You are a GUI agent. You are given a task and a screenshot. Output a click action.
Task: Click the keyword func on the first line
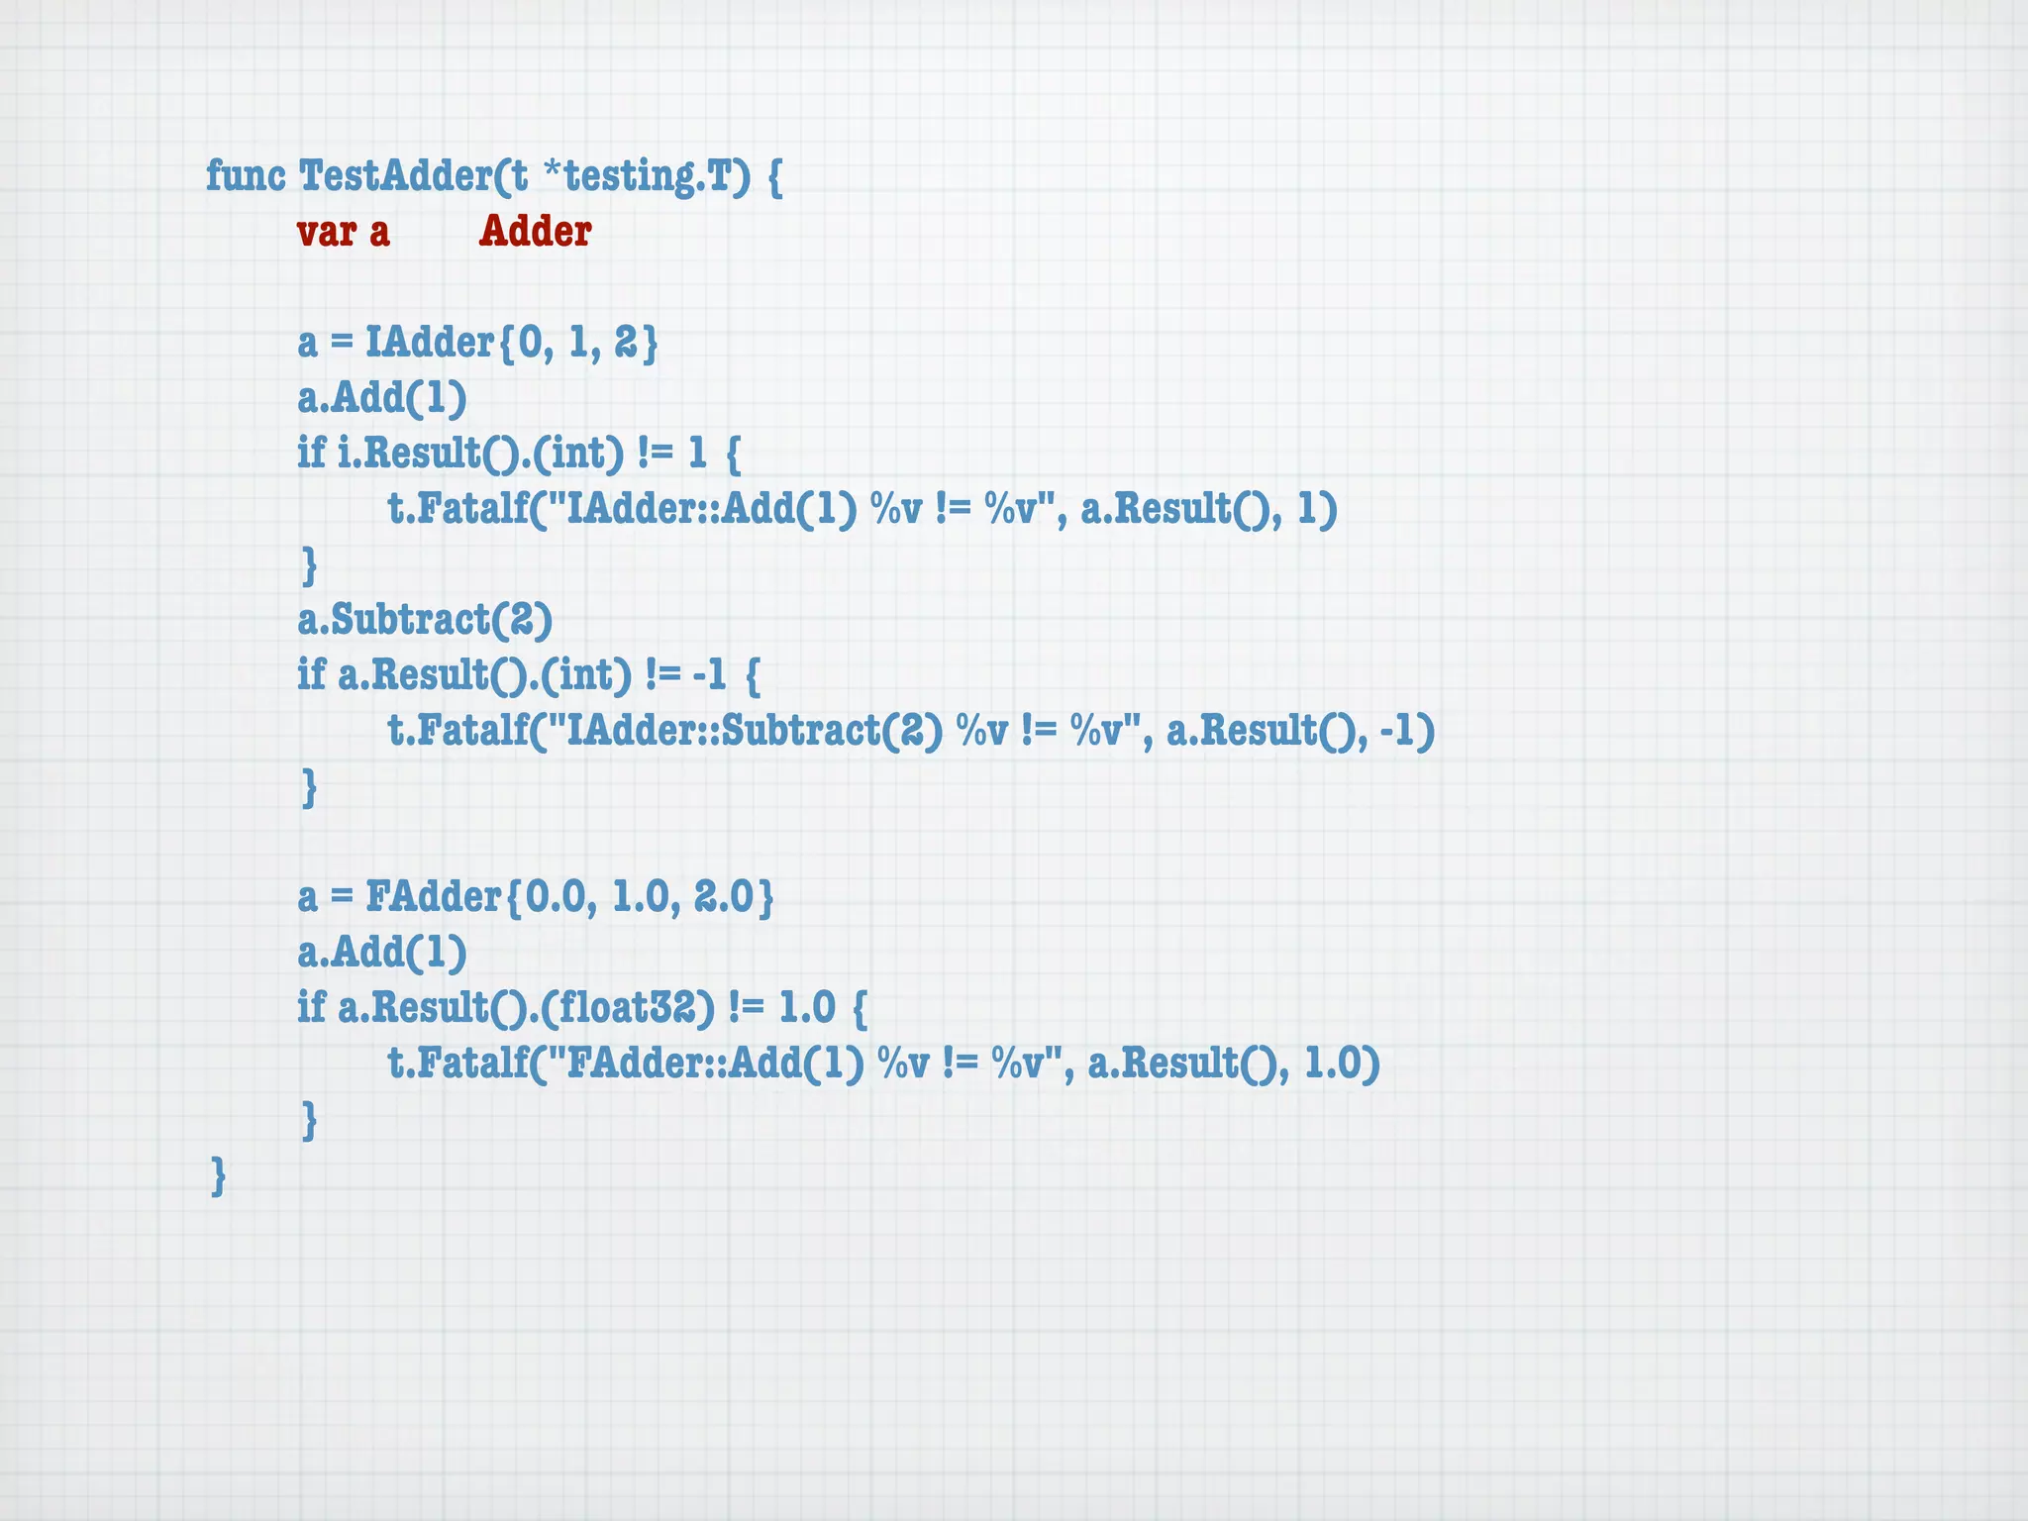point(246,176)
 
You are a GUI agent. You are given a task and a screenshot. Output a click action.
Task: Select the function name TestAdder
point(395,176)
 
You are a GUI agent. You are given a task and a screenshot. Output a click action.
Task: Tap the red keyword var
point(326,232)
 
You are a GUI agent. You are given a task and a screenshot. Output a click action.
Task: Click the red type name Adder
point(535,232)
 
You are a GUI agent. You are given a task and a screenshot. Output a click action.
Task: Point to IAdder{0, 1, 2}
point(511,343)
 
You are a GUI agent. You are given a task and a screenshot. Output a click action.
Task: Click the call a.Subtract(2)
point(425,620)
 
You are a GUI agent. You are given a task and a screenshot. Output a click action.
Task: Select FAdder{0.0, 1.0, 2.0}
point(569,897)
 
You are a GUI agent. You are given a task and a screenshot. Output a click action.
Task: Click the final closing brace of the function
point(219,1176)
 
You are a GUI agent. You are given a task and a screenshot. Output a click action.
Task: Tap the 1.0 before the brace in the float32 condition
point(807,1008)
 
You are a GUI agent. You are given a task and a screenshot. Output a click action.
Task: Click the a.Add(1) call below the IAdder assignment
point(382,398)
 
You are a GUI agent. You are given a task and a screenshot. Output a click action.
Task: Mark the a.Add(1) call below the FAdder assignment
point(382,953)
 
